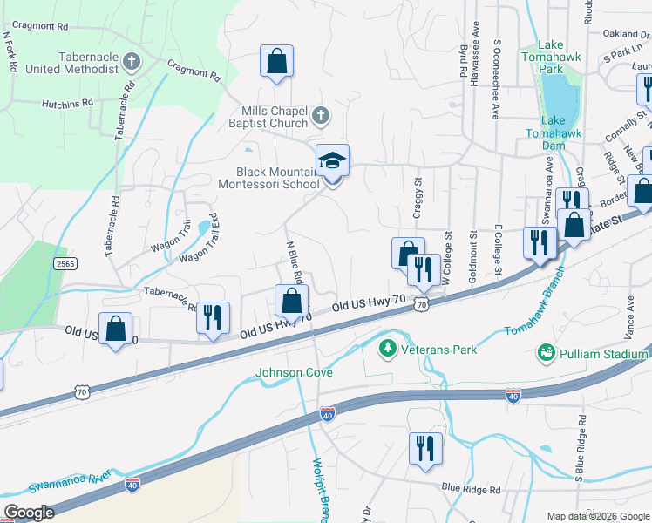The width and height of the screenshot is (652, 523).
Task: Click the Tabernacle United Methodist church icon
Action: (132, 62)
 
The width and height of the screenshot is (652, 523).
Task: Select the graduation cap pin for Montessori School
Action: (332, 161)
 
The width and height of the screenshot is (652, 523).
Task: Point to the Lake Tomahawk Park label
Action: (551, 56)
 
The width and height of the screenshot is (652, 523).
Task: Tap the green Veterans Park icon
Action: (386, 349)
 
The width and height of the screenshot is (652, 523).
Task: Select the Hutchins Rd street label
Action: (67, 103)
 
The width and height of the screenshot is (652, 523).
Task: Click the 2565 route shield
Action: (65, 262)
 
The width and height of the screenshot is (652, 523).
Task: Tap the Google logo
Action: (30, 513)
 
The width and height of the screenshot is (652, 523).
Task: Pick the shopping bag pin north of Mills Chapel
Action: (276, 62)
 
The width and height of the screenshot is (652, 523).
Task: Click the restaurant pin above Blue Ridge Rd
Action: (424, 449)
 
